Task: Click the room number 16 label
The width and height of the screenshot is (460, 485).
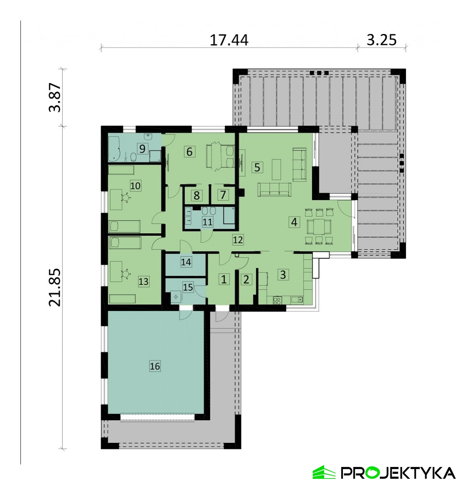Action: (x=155, y=366)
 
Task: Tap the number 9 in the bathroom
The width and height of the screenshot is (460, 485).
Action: (x=142, y=148)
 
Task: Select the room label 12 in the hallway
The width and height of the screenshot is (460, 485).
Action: (x=238, y=239)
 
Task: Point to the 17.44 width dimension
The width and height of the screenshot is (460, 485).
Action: (x=229, y=40)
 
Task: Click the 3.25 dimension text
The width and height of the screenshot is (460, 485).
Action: (x=381, y=40)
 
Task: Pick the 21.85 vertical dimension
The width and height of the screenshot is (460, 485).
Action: (x=55, y=287)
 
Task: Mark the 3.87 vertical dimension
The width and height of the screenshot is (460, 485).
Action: (x=55, y=98)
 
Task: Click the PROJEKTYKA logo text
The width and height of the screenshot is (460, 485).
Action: (x=398, y=473)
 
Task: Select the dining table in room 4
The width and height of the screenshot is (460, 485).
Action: (x=319, y=227)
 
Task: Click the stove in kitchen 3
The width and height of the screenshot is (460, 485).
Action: (x=277, y=301)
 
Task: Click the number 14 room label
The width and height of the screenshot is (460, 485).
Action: (x=186, y=262)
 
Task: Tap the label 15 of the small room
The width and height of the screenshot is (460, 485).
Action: (x=188, y=287)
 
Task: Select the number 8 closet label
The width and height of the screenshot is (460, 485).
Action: (x=197, y=196)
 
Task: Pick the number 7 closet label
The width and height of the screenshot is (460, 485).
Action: (x=223, y=195)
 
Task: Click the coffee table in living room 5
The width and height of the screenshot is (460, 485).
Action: (x=277, y=169)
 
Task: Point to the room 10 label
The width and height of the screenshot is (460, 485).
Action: (x=135, y=186)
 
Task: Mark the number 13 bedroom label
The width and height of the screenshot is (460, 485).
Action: (x=144, y=282)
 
